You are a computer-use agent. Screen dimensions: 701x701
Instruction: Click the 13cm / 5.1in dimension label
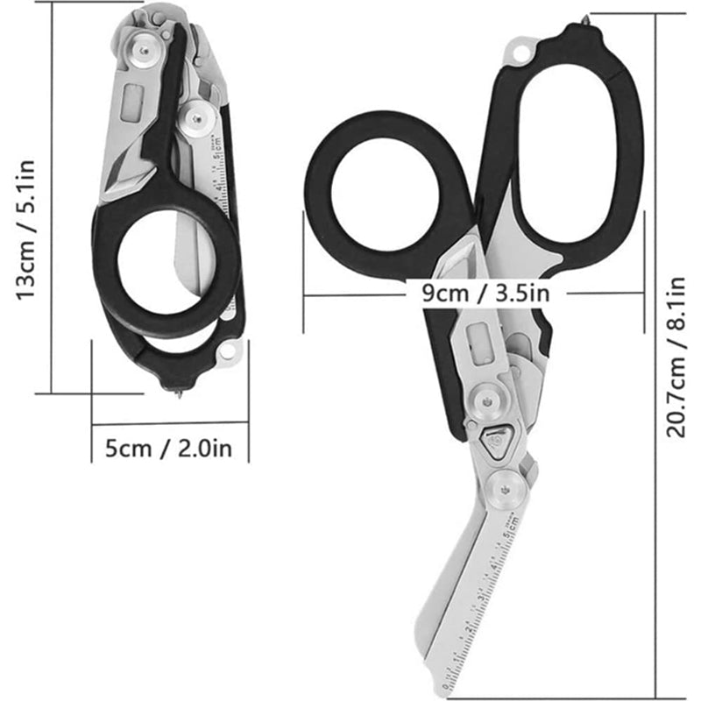click(25, 230)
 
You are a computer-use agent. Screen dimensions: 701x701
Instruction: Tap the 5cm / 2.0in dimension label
click(169, 448)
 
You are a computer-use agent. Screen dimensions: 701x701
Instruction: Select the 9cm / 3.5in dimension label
click(486, 294)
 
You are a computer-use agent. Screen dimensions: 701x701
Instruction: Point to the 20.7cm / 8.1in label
click(676, 358)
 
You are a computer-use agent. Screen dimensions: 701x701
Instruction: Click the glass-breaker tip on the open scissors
click(584, 19)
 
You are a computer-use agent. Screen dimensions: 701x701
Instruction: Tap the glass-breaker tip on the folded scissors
click(180, 393)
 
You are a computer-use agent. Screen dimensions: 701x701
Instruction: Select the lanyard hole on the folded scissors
click(229, 350)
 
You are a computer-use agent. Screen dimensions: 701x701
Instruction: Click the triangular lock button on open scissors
click(494, 441)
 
